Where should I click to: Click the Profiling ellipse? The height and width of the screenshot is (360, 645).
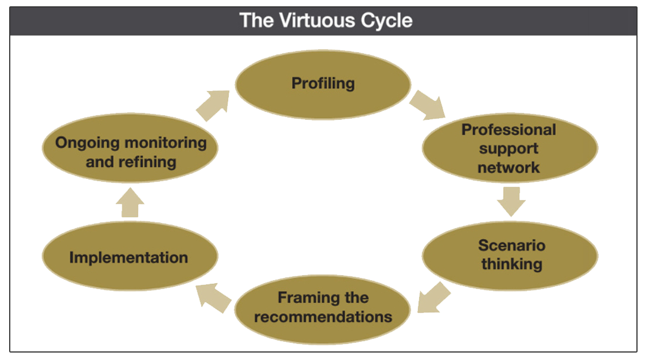[323, 85]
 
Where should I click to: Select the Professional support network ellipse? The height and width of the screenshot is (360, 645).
[510, 148]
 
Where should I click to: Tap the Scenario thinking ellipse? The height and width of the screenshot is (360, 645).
[510, 256]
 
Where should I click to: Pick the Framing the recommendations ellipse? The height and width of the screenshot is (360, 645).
[323, 310]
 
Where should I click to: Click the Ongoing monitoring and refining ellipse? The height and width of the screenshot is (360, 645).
[130, 148]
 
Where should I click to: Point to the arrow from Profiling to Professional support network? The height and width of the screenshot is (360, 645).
[428, 105]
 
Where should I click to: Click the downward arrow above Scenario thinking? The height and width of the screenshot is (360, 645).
[511, 202]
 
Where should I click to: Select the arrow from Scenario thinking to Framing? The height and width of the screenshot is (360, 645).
[433, 298]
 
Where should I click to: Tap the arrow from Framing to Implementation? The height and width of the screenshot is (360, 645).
[213, 298]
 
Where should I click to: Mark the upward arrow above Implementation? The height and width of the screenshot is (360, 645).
[130, 202]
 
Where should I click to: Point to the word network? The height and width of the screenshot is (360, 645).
[509, 167]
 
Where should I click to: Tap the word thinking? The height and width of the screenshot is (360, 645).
[512, 264]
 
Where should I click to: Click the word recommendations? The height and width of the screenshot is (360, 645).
[323, 317]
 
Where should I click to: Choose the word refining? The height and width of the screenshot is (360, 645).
[148, 162]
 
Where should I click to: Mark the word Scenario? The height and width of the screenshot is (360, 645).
[512, 245]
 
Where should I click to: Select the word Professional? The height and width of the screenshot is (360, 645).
[509, 130]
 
